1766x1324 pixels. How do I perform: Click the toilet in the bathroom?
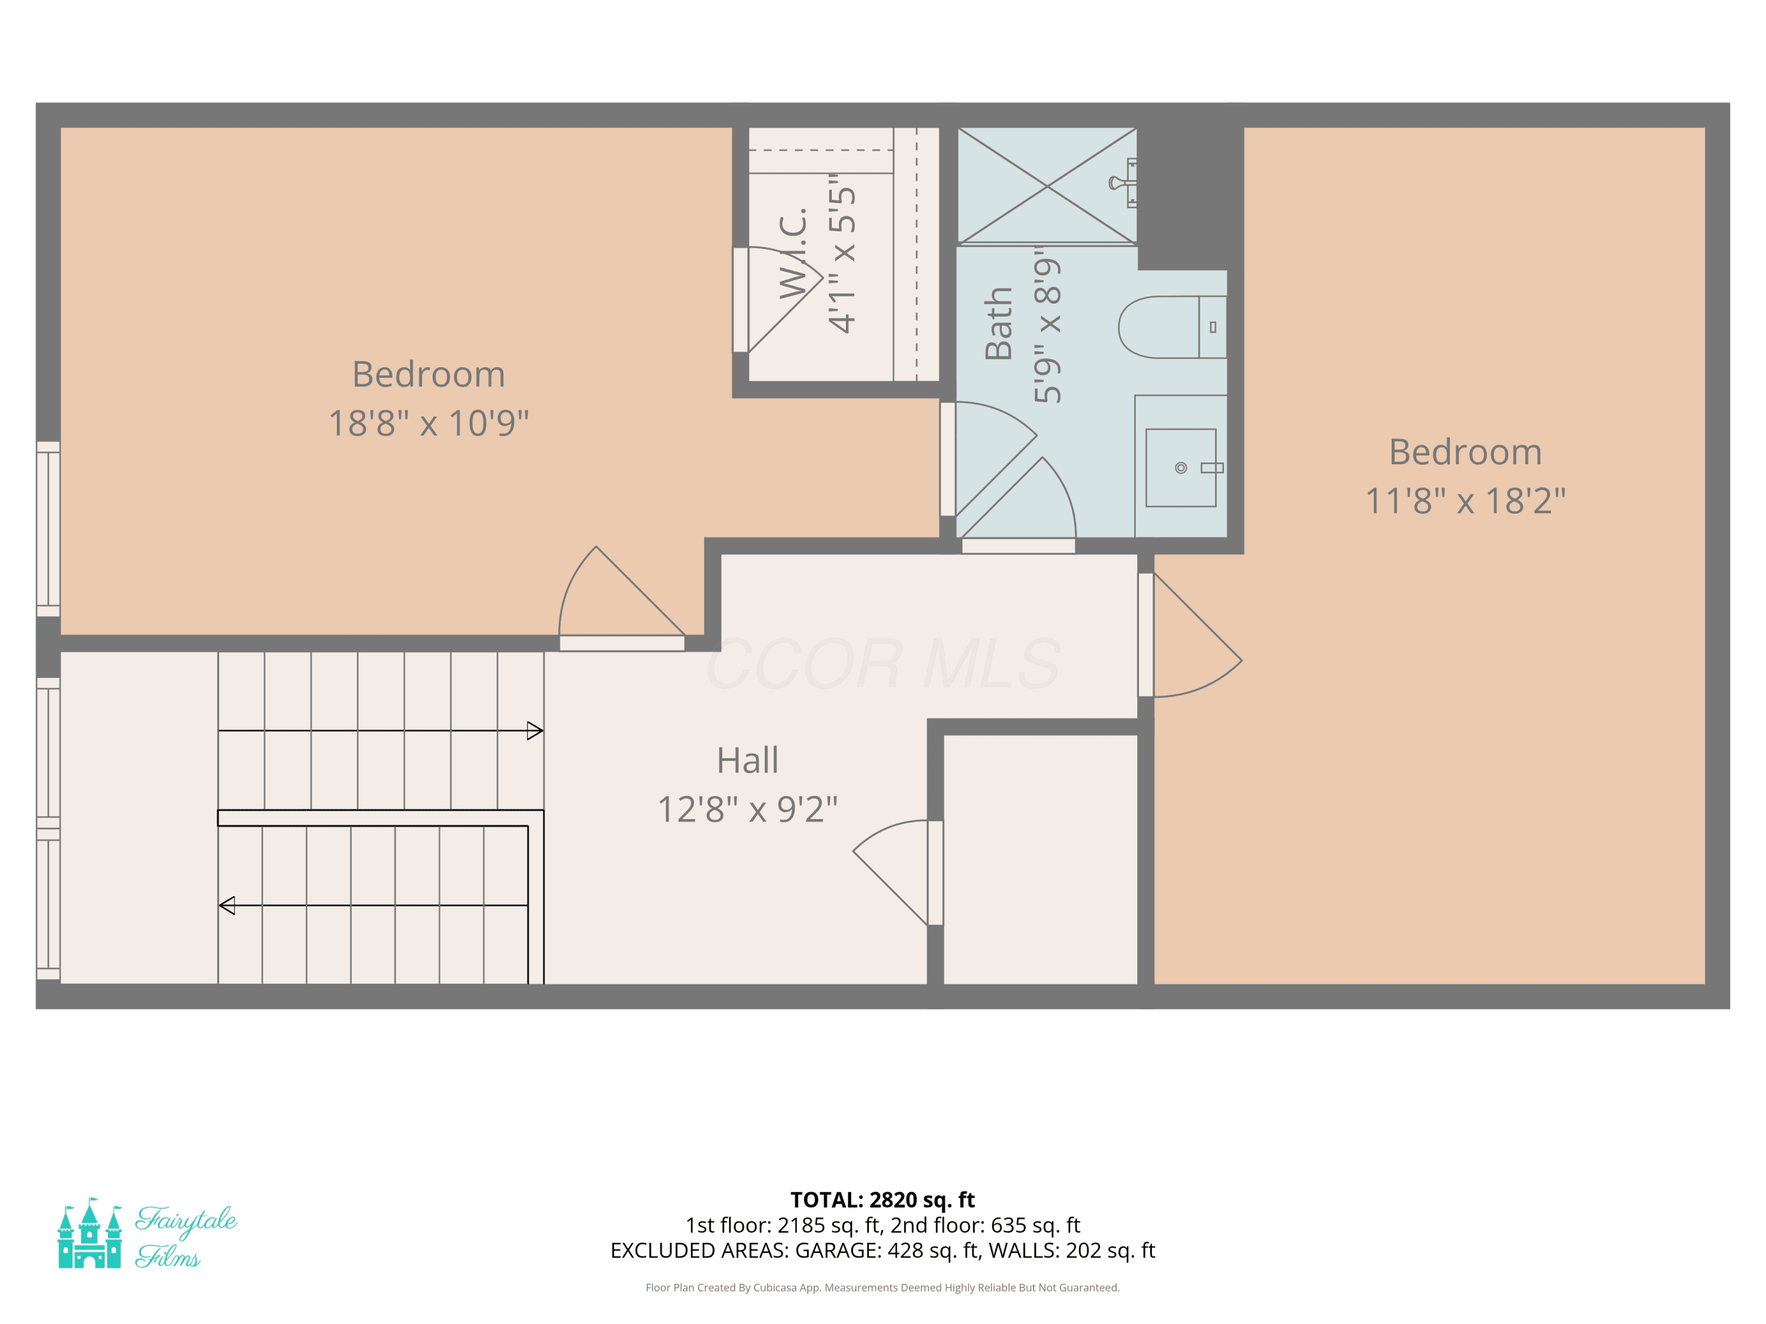[x=1172, y=327]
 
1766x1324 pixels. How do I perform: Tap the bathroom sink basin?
[x=1181, y=468]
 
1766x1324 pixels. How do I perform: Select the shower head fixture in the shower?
[x=1123, y=183]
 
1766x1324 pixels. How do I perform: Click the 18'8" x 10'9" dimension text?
[x=429, y=423]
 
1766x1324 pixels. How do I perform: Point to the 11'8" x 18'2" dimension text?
[x=1466, y=501]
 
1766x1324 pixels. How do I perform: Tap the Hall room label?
[x=747, y=760]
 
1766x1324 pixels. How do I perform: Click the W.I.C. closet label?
[x=794, y=253]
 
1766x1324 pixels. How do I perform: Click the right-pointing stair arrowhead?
[x=535, y=730]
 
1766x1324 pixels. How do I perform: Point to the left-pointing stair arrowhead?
[x=227, y=905]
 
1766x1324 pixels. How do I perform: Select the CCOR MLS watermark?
[x=883, y=664]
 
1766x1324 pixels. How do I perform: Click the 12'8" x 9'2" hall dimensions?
[x=747, y=809]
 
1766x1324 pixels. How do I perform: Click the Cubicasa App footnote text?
[x=882, y=1288]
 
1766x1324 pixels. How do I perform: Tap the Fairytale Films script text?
[x=186, y=1236]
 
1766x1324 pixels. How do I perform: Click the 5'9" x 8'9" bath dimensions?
[x=1047, y=324]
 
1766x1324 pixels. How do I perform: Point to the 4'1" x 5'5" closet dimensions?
[x=841, y=253]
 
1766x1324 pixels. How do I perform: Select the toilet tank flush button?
[x=1213, y=327]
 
